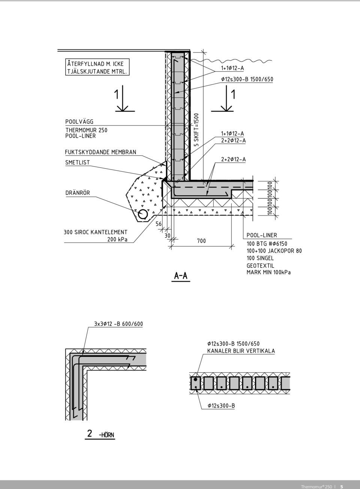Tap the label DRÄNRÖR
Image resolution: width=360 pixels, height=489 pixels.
coord(78,193)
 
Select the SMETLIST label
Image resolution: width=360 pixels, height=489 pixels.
coord(78,163)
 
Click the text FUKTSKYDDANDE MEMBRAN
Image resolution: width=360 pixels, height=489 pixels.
coord(100,152)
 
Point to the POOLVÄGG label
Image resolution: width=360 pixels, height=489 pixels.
coord(79,122)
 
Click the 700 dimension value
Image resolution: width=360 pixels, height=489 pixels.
coord(201,241)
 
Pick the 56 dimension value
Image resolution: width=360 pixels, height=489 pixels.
coord(159,224)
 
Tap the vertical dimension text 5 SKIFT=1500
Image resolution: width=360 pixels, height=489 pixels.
coord(196,130)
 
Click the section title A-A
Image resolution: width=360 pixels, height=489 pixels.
coord(181,276)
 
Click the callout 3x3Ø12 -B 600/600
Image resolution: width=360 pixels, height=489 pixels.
coord(118,324)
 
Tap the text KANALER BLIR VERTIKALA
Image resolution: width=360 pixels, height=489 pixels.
coord(241,351)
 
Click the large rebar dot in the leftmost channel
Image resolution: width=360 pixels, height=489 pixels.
coord(195,379)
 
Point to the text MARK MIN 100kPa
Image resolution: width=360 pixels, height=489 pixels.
coord(268,273)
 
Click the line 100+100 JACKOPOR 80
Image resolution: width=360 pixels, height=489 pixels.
coord(274,251)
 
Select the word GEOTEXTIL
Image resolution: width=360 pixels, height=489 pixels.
coord(260,265)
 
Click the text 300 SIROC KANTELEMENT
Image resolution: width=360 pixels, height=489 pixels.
coord(95,232)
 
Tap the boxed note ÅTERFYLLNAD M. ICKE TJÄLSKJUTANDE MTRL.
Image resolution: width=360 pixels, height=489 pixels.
coord(97,67)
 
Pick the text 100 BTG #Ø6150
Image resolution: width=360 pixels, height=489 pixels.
coord(267,244)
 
